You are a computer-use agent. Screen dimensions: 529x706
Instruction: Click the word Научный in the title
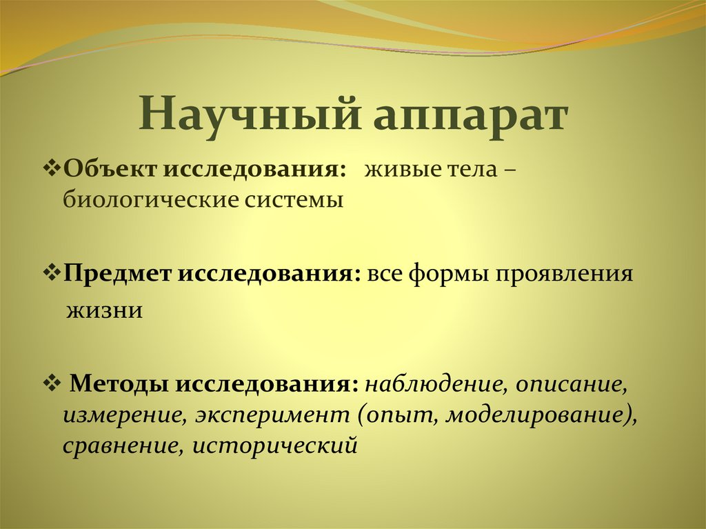coord(251,114)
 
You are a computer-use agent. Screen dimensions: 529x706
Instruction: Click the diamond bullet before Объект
coord(54,170)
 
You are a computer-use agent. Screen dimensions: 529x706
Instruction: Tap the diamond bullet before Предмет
coord(54,273)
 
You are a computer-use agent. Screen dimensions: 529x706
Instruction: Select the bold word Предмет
coord(121,274)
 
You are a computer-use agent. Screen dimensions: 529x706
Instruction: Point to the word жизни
coord(104,310)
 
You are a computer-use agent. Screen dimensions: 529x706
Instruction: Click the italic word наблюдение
coord(432,383)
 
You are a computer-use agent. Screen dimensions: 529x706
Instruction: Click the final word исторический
coord(275,446)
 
